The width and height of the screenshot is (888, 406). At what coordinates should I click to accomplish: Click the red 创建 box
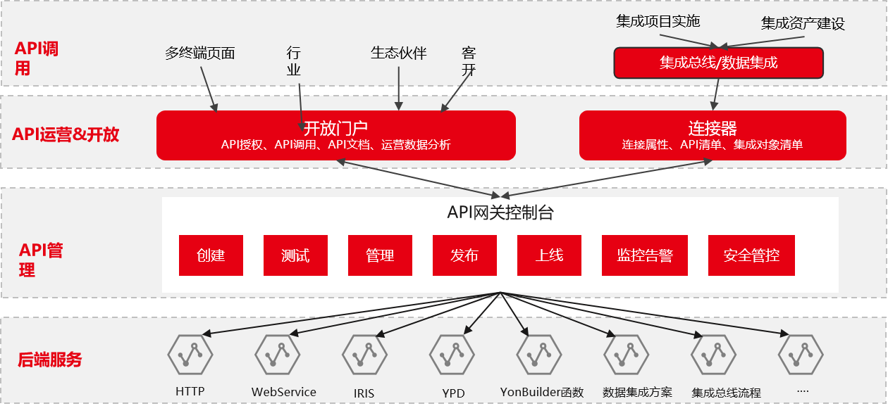211,255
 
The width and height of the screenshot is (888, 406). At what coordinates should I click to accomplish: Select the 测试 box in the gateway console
295,255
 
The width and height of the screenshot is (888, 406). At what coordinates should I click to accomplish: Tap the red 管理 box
380,255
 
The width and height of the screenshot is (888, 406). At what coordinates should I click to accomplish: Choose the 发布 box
464,255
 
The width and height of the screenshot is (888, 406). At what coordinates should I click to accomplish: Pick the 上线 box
549,255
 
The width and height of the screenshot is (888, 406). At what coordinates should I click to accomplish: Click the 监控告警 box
645,255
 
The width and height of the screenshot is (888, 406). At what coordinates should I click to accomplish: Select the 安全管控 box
751,255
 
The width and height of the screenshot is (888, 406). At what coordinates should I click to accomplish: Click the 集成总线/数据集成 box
718,63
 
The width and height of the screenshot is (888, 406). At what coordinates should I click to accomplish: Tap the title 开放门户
335,128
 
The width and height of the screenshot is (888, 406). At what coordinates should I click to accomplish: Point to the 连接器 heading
713,128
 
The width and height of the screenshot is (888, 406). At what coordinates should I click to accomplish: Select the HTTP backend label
190,391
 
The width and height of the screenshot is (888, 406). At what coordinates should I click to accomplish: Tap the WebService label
284,392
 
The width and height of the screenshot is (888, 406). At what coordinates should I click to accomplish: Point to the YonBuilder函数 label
542,392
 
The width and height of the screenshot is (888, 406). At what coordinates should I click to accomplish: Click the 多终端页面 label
199,53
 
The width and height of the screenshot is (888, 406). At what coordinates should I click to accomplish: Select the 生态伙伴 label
398,53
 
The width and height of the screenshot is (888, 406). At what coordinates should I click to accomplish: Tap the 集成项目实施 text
658,21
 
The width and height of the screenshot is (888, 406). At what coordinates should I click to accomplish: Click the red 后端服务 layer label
49,360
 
